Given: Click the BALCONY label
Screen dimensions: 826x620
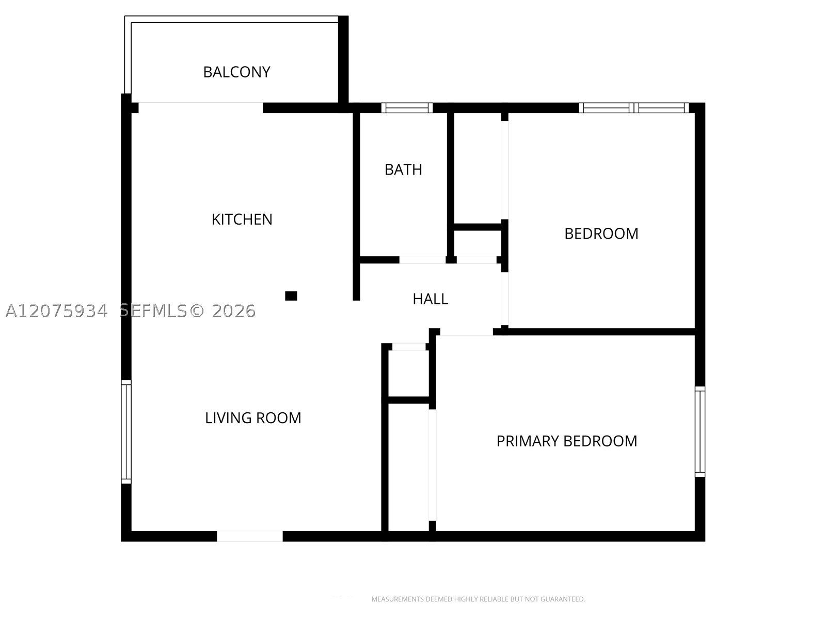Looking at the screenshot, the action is (236, 72).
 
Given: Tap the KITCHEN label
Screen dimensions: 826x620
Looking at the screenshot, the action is (242, 220).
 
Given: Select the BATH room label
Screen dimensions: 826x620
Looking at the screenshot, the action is (403, 170).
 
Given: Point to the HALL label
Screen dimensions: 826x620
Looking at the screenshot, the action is (431, 299).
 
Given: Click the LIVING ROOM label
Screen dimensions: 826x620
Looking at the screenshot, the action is (253, 418).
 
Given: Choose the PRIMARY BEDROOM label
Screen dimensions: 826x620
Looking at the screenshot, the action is (567, 441).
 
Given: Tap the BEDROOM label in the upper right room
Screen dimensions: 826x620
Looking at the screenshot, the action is (601, 234).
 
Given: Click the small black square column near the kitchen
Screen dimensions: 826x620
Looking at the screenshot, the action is (291, 296).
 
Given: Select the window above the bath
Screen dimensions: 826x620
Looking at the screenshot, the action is (407, 107).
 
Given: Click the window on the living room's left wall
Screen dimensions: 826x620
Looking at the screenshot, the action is (126, 432).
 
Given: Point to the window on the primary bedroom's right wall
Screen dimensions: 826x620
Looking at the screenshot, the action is (700, 431).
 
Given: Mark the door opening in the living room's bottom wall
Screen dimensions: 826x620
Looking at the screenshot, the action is (250, 536).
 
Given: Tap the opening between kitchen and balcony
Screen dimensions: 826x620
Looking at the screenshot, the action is (201, 107).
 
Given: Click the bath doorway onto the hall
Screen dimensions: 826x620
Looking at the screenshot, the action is (422, 260).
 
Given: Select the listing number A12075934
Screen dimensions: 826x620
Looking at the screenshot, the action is (56, 311).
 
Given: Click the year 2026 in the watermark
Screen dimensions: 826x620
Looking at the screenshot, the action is (233, 311).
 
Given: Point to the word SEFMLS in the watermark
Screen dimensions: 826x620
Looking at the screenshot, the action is (153, 311).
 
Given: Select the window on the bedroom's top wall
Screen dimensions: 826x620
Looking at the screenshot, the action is (634, 107).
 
